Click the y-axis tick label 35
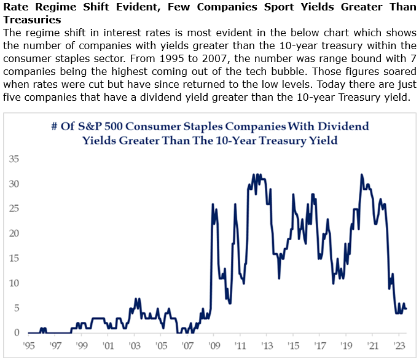[12, 159]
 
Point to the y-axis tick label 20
[12, 233]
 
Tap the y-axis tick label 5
[15, 308]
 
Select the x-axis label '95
[28, 345]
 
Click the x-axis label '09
[213, 345]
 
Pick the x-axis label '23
[399, 345]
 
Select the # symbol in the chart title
[54, 127]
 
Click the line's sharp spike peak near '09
[213, 205]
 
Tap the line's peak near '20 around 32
[361, 174]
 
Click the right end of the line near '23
[406, 308]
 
